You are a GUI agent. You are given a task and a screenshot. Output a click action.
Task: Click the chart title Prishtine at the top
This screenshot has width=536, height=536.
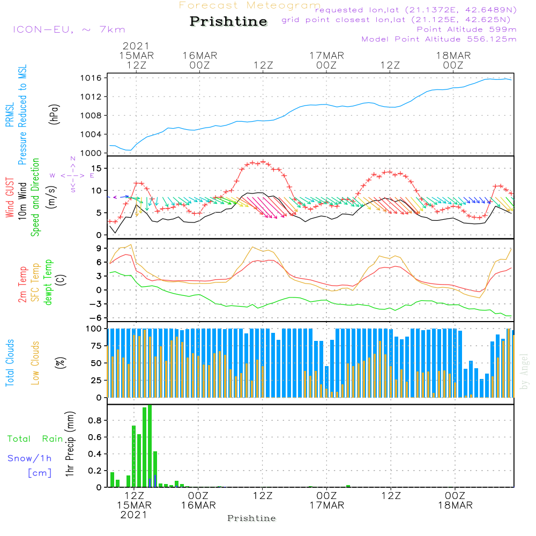coord(228,22)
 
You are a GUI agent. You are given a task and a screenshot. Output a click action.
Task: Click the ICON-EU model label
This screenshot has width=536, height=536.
coord(69,29)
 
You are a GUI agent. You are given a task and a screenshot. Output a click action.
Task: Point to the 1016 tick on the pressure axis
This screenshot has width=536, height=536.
coord(93,78)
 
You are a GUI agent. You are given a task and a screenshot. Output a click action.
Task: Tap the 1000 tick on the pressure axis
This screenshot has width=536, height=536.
coord(93,153)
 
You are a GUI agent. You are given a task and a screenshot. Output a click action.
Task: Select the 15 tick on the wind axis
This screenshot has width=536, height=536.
coord(98,168)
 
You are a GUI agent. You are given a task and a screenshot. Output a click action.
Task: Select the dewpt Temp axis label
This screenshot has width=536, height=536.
coord(48,282)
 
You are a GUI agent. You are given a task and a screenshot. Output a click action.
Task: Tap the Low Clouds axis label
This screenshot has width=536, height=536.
coord(35,363)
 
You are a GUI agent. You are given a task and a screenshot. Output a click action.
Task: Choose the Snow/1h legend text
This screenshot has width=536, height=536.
coord(30,458)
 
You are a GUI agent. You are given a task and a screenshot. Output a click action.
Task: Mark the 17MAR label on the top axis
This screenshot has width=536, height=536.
coord(326,55)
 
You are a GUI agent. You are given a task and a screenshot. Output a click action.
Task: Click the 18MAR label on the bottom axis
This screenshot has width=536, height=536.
coord(455,505)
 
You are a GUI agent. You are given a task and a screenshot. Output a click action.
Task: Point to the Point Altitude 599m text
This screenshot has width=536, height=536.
coord(466,29)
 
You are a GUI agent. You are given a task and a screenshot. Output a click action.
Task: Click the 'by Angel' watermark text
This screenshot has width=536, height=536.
coord(524,371)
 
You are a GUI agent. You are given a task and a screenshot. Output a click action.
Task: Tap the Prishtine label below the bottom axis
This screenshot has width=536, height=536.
coord(251,518)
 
